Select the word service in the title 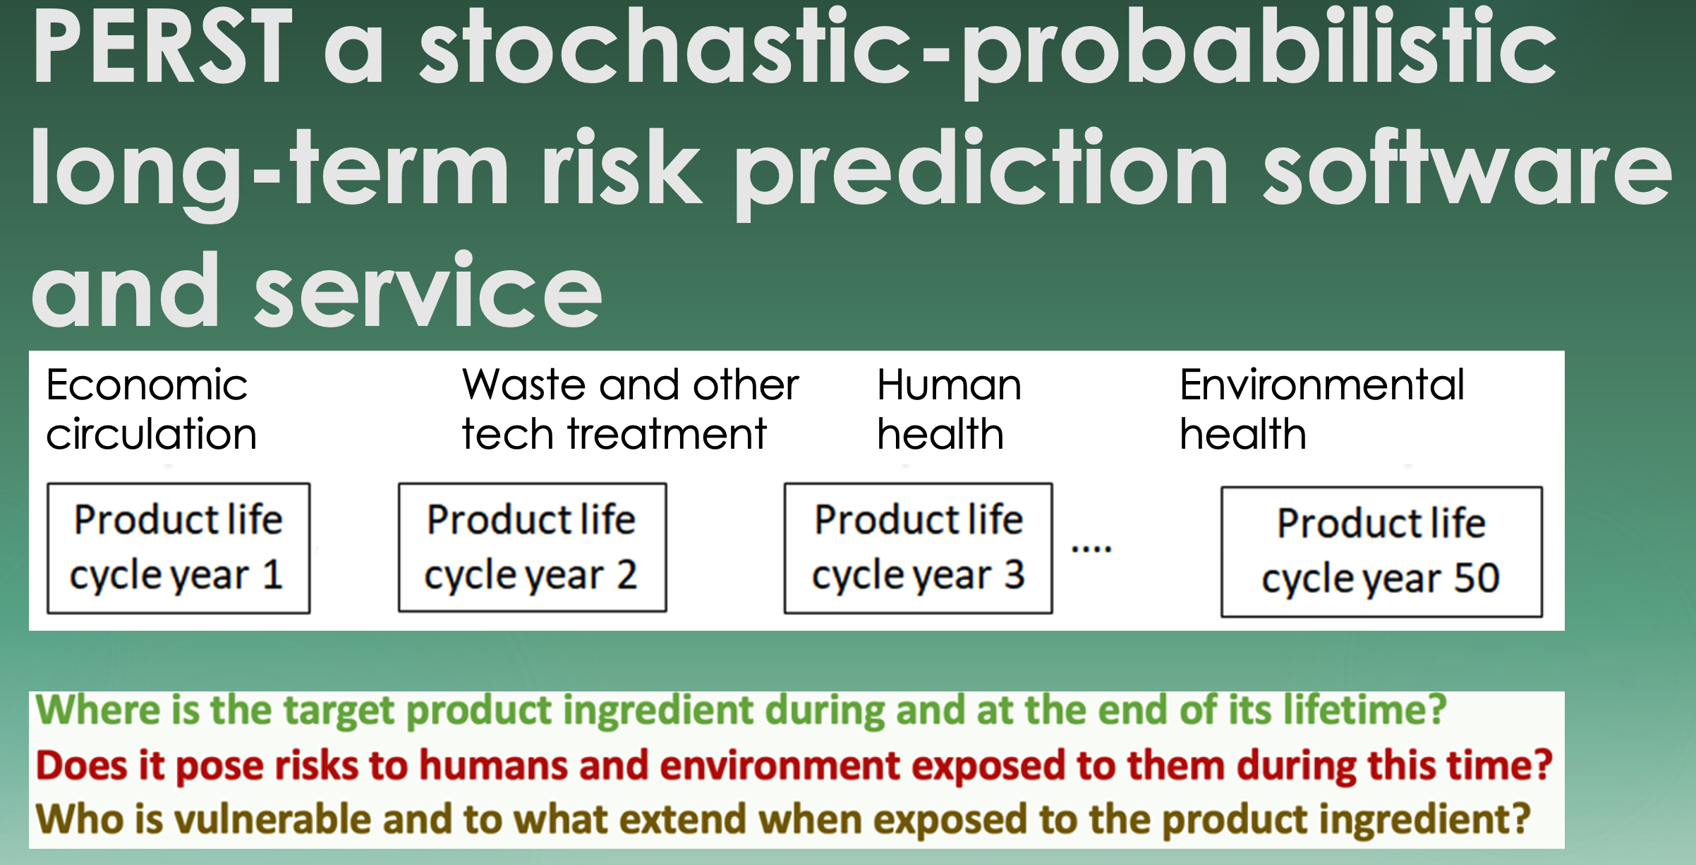(x=428, y=291)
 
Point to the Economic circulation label (x=151, y=409)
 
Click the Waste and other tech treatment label (x=630, y=409)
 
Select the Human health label (x=949, y=409)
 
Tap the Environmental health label (x=1322, y=409)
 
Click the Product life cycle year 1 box (x=178, y=548)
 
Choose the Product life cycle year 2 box (x=532, y=548)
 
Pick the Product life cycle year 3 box (x=918, y=548)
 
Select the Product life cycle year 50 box (x=1381, y=552)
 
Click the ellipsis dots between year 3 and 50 (x=1091, y=548)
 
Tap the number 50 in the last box (x=1477, y=578)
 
